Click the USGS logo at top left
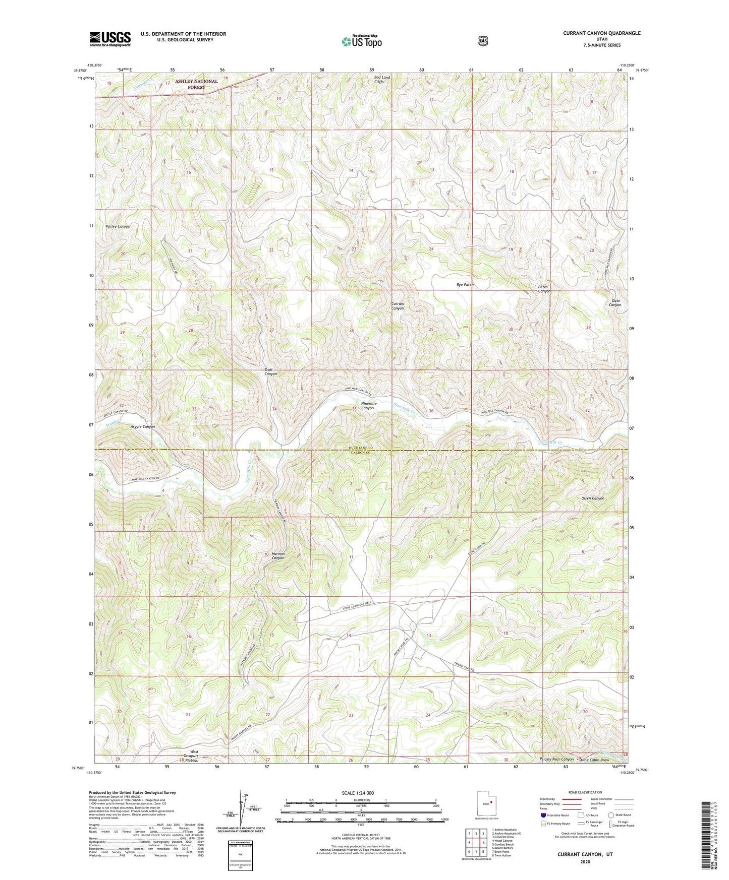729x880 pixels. tap(110, 38)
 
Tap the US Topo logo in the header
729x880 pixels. tap(361, 41)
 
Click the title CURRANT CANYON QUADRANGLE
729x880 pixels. tap(602, 33)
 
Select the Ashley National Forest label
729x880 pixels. tap(196, 84)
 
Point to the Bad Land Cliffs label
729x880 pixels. tap(385, 80)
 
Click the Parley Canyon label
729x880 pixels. tap(118, 226)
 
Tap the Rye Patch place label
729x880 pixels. tap(465, 285)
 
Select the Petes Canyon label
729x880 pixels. tap(544, 289)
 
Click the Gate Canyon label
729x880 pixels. tap(614, 302)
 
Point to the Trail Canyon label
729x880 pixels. tap(270, 372)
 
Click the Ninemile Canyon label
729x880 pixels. tap(367, 406)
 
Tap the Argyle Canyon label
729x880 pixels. tap(143, 426)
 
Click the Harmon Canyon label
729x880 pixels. tap(278, 555)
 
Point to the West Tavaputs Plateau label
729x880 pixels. tap(190, 756)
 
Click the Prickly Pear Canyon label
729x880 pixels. tap(557, 759)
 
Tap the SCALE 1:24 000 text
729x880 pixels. tap(358, 793)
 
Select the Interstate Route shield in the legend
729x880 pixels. tap(543, 815)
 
